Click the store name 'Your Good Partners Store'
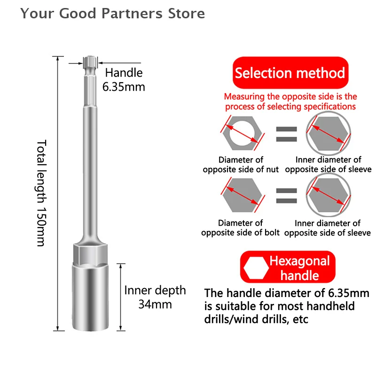(112, 14)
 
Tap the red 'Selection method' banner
(290, 73)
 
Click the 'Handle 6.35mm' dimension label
(124, 79)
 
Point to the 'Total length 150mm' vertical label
(41, 193)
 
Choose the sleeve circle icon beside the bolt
(328, 194)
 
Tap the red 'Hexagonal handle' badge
(290, 267)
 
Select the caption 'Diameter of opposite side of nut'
(241, 164)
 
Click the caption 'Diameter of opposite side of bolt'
(240, 227)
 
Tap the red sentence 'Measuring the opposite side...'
(290, 102)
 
